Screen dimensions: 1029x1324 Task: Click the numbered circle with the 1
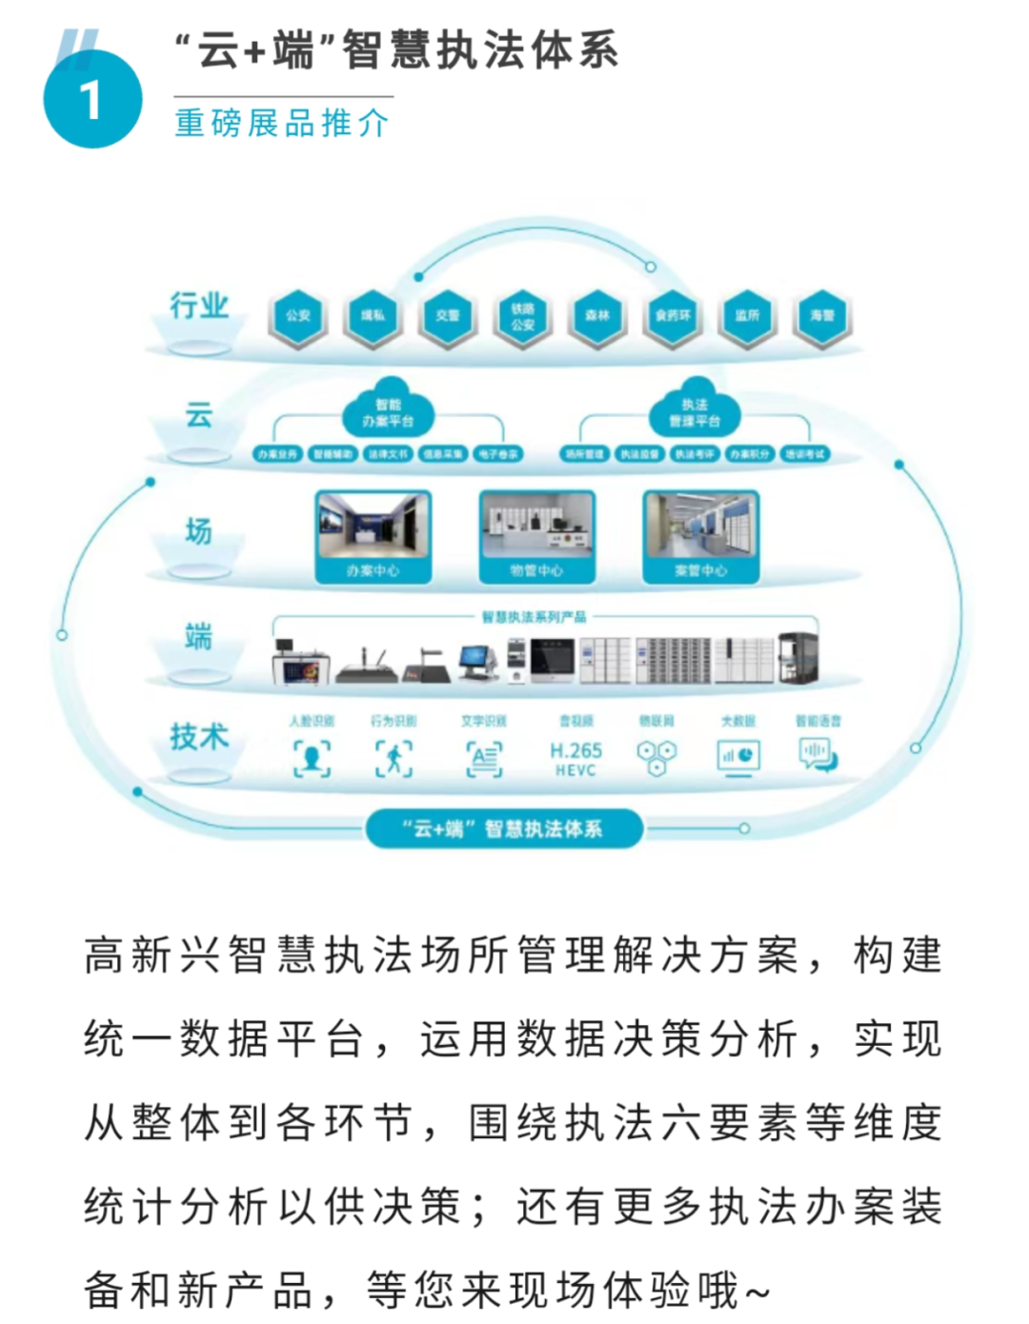[92, 100]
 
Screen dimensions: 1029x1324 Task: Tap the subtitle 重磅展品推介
[282, 124]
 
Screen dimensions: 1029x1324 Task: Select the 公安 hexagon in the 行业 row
[298, 315]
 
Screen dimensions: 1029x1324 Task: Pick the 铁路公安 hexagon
[523, 316]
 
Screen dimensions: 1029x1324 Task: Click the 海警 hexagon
[822, 315]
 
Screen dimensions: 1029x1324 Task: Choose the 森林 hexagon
[597, 315]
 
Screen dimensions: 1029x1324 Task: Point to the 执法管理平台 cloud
[695, 412]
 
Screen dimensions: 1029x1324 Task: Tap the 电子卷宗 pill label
[498, 454]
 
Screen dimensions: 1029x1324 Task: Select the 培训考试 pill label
[805, 454]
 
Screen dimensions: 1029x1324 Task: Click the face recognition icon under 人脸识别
[312, 758]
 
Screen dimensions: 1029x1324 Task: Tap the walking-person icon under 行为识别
[393, 758]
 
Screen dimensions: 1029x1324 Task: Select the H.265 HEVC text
[575, 759]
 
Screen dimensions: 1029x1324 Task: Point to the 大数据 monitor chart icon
[738, 757]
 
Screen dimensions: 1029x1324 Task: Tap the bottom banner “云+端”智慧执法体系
[504, 829]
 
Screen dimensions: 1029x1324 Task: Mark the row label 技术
[199, 736]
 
